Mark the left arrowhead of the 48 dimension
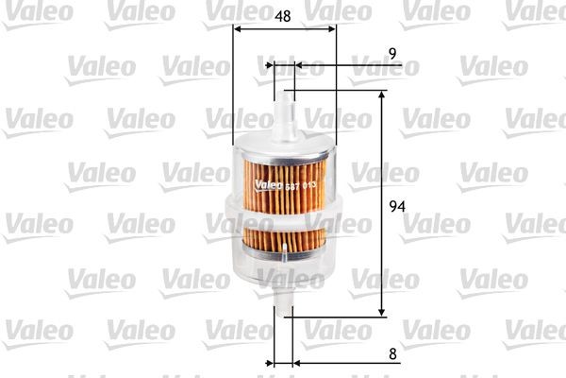tap(237, 29)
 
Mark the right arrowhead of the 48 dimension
tap(331, 29)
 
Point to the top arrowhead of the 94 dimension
tap(382, 95)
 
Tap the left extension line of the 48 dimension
tap(232, 85)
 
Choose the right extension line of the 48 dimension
tap(336, 85)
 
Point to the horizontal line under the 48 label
tap(283, 29)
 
